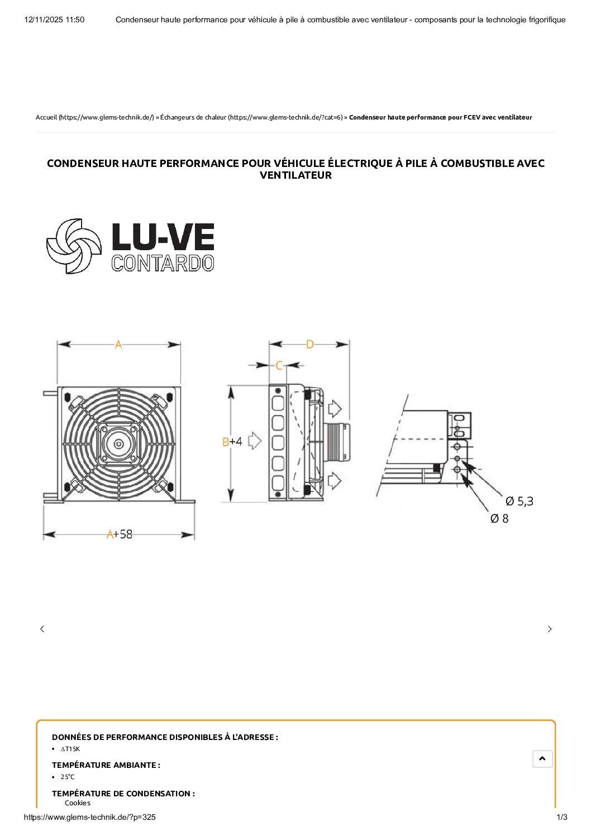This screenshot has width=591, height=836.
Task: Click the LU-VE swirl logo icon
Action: (74, 246)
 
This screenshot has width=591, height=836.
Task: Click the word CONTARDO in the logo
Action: (163, 263)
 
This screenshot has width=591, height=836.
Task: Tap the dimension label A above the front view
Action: (118, 345)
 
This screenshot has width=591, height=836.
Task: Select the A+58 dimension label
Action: (120, 534)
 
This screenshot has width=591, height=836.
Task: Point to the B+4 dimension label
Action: (232, 442)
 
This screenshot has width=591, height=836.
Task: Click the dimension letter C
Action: (279, 366)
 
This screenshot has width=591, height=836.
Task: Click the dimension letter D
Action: (310, 345)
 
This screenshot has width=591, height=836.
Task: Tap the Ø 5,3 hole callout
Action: (519, 501)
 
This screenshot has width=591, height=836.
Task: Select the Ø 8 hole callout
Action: (499, 519)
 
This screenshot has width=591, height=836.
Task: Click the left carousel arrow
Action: (42, 629)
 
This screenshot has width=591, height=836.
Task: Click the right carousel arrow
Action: (550, 629)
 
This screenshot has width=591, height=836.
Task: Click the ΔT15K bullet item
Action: (70, 749)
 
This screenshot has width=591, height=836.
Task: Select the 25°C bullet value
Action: (68, 777)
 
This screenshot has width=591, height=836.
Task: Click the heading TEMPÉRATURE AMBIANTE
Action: (106, 765)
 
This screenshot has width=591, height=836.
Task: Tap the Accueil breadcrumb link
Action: (46, 117)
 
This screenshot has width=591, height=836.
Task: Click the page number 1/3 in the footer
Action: (562, 817)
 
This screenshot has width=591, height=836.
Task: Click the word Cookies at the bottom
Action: (78, 803)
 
